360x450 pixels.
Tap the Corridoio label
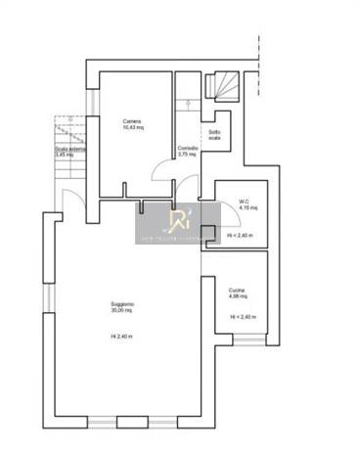pos(189,148)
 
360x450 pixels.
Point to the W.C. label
pos(244,202)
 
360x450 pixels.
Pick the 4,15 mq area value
pos(244,209)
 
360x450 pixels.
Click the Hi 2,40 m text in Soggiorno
pos(121,337)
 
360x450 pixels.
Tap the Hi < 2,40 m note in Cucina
pos(243,317)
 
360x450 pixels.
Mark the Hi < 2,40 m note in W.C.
pos(241,236)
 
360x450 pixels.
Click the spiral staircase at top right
pos(223,88)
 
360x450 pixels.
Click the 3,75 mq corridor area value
pos(189,155)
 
